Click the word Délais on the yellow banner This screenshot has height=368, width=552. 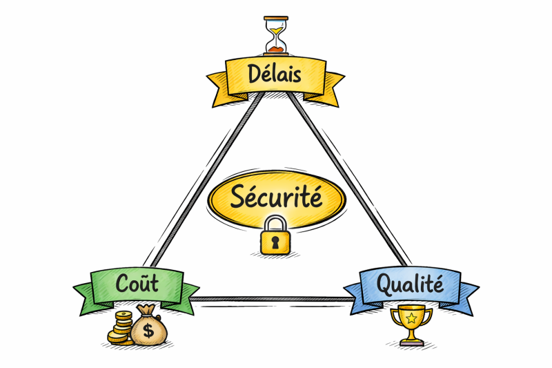click(276, 73)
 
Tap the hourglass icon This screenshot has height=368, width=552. click(276, 35)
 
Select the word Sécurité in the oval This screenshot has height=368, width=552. click(276, 198)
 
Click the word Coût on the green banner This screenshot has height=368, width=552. click(138, 283)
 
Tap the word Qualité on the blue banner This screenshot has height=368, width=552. click(412, 284)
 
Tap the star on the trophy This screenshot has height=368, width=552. click(411, 318)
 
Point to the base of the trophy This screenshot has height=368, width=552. click(411, 342)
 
